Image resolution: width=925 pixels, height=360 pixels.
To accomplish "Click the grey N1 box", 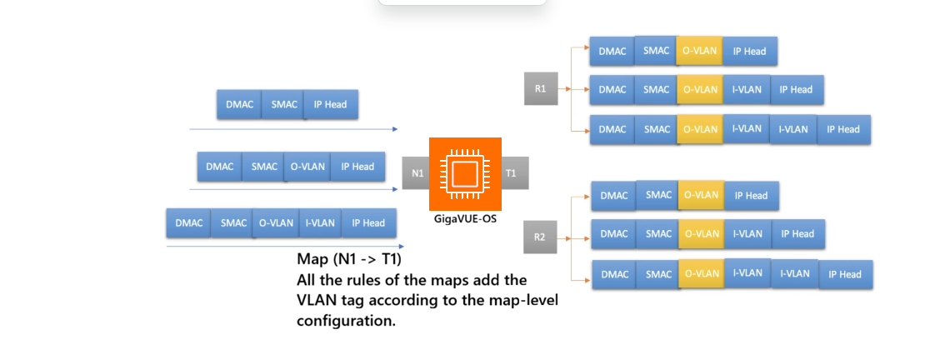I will [x=416, y=173].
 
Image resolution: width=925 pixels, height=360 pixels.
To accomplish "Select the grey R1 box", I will [x=540, y=88].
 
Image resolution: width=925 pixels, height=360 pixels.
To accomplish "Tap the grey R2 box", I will [x=539, y=237].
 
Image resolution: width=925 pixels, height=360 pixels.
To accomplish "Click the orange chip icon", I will [x=465, y=173].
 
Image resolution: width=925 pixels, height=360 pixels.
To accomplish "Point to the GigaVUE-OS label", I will [x=465, y=219].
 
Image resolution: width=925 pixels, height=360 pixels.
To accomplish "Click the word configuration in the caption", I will [x=346, y=320].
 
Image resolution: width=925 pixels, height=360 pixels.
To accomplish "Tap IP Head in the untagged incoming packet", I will [x=331, y=104].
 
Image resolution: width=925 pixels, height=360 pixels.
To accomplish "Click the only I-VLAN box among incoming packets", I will [x=320, y=223].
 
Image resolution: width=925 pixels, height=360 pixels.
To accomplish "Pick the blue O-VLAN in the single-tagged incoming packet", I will [x=307, y=167].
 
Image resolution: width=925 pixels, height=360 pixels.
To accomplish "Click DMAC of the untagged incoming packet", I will [x=239, y=104].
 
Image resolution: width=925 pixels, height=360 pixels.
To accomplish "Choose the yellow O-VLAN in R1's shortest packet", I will [x=699, y=51].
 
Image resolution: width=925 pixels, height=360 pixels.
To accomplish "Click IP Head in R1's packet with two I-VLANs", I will [x=842, y=129].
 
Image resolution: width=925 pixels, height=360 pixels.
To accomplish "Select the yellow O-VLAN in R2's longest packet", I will [x=702, y=274].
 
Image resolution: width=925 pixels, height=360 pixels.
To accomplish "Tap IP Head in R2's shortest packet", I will [x=750, y=195].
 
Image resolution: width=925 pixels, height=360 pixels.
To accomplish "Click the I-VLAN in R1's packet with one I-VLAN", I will [x=746, y=89].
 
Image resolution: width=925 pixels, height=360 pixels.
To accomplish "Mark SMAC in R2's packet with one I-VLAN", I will [x=658, y=234].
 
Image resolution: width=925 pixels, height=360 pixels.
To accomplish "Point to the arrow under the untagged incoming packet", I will [x=292, y=129].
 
